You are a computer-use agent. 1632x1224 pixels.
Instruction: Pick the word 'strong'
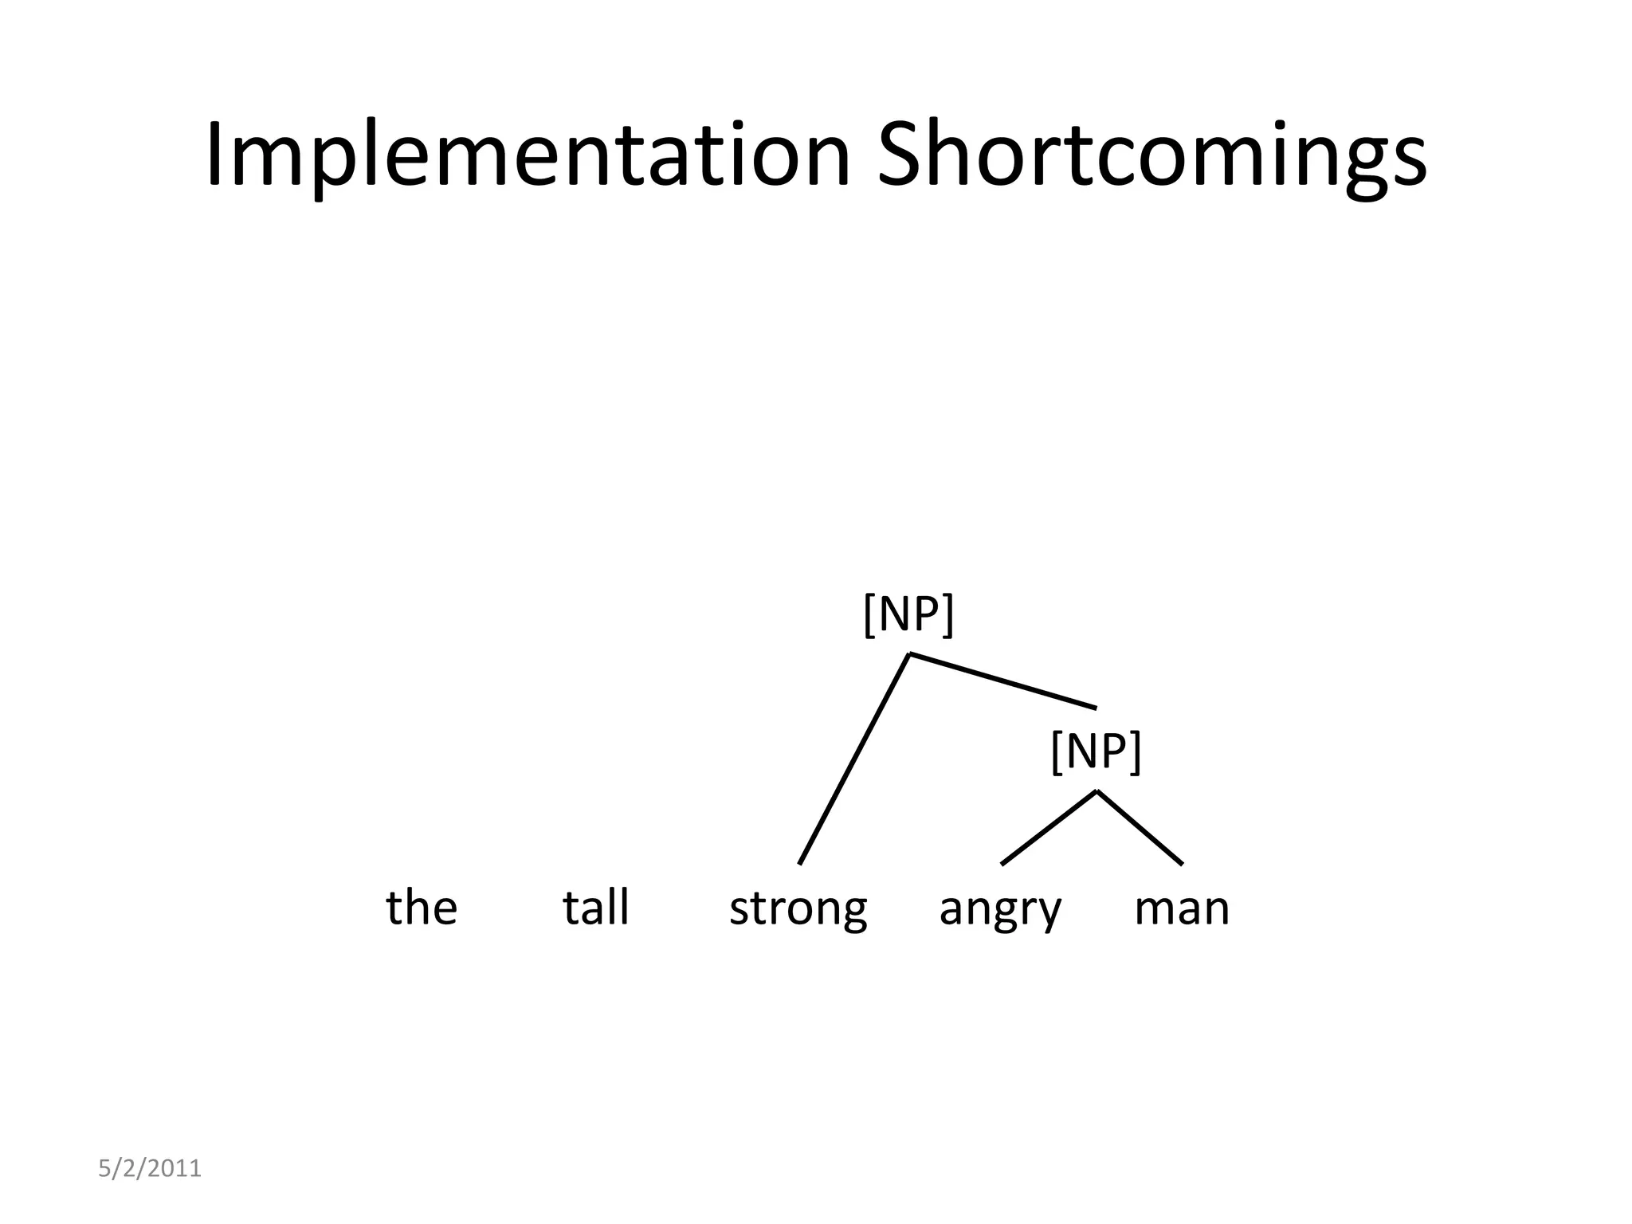(798, 908)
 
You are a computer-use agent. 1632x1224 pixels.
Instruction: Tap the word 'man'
(1182, 908)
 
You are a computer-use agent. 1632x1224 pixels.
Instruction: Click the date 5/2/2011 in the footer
(150, 1169)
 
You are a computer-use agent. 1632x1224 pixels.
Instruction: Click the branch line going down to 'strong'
(854, 759)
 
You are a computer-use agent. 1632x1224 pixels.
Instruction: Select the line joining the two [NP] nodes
(1002, 681)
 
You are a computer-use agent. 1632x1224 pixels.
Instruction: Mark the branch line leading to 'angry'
(1049, 827)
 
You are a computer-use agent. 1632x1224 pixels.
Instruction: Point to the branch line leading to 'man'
(1140, 827)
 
